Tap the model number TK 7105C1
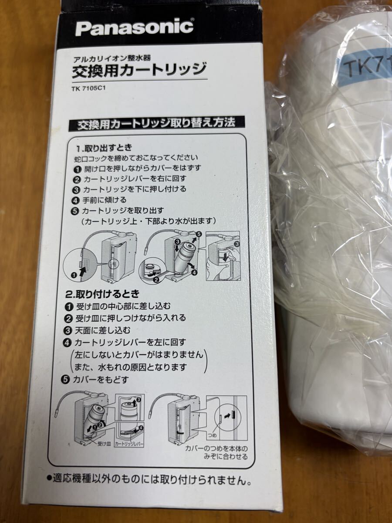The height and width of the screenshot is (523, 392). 88,88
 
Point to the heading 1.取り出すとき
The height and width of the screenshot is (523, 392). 104,148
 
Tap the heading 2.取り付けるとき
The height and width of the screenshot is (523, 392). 102,295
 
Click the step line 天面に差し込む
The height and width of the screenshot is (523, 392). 97,331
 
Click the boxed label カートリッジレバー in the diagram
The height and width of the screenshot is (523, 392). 130,444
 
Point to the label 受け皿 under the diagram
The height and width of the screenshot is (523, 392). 104,444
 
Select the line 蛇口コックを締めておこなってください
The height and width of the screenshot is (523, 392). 136,158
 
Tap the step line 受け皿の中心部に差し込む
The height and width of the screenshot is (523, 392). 117,306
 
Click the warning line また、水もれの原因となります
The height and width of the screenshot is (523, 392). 130,367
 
